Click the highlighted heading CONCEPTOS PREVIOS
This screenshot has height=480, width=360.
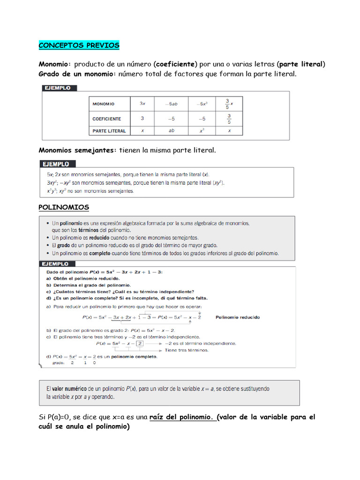(79, 45)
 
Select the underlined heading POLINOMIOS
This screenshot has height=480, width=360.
(63, 207)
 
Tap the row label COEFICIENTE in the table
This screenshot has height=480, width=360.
(107, 119)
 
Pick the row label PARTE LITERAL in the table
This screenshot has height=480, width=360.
(109, 131)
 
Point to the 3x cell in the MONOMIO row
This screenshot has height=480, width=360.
(142, 104)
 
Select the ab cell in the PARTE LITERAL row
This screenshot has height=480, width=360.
(171, 131)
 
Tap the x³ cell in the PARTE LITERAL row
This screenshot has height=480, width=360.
(202, 131)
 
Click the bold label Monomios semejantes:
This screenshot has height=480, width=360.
(77, 150)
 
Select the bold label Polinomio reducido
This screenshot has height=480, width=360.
(238, 317)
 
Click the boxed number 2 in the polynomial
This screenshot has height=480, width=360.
(139, 343)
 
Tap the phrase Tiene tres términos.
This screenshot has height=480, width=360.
(187, 350)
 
